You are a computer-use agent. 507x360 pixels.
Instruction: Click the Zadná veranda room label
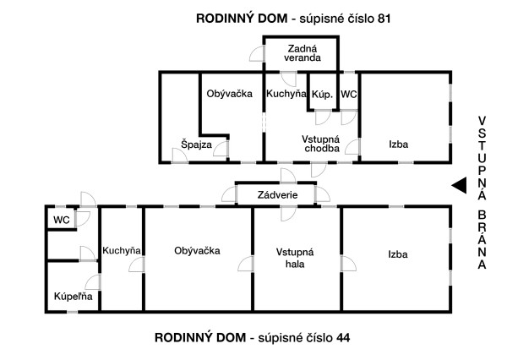click(303, 53)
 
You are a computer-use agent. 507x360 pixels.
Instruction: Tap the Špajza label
click(196, 145)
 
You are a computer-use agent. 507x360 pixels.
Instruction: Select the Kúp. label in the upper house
click(321, 95)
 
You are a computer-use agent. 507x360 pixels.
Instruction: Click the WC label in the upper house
click(349, 95)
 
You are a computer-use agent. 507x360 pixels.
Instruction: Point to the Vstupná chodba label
click(321, 144)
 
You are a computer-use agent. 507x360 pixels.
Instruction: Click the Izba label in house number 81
click(399, 145)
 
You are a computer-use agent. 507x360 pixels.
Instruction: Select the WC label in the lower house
click(61, 220)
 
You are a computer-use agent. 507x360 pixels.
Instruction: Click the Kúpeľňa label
click(74, 297)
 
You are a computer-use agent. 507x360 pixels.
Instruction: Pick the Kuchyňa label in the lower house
click(122, 250)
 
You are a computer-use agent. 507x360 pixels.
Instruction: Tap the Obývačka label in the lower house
click(197, 250)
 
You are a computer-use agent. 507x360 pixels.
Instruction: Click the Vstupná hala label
click(295, 257)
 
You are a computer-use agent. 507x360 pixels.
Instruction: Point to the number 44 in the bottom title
click(342, 337)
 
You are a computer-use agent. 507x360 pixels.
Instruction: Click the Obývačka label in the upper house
click(230, 95)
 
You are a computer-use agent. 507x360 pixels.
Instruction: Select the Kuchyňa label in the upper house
click(286, 95)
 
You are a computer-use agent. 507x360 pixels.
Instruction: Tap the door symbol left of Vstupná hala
click(246, 265)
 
